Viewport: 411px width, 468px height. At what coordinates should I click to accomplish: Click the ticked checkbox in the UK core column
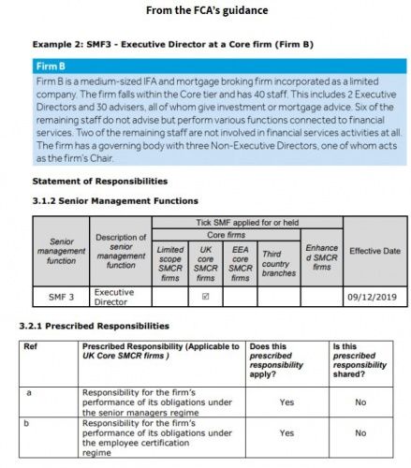click(x=206, y=297)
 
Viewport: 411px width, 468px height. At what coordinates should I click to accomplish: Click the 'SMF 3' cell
click(x=62, y=298)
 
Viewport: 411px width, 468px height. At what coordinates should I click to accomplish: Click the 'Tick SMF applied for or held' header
click(x=247, y=222)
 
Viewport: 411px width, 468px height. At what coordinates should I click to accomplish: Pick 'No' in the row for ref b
click(x=360, y=433)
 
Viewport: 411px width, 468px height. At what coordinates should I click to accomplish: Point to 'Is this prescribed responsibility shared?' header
click(x=361, y=358)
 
